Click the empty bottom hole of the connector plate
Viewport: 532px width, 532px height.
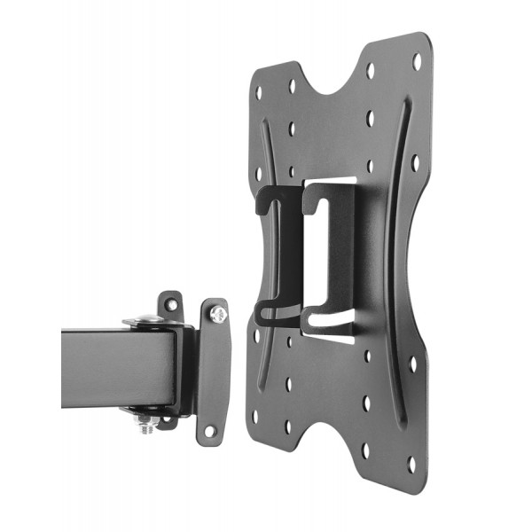click(210, 431)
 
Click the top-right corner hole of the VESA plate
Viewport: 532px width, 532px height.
click(416, 61)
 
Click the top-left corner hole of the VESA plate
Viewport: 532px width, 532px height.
click(259, 91)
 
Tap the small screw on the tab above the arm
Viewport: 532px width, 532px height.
click(170, 304)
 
